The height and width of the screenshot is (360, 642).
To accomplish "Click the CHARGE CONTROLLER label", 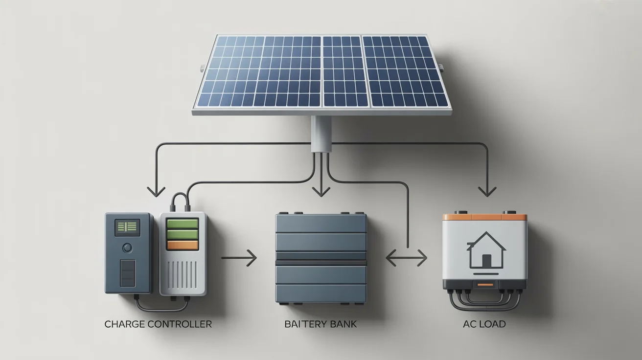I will pyautogui.click(x=158, y=324).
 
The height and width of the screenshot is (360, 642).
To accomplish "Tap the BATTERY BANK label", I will pyautogui.click(x=321, y=324).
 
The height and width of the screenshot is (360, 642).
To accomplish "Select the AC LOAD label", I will pyautogui.click(x=484, y=324).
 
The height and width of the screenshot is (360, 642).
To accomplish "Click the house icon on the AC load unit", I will pyautogui.click(x=484, y=250).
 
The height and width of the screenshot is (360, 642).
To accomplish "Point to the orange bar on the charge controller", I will pyautogui.click(x=183, y=246).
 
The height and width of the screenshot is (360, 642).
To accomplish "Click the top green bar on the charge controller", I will pyautogui.click(x=183, y=224).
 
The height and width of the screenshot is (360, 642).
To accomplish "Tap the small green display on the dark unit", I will pyautogui.click(x=127, y=226).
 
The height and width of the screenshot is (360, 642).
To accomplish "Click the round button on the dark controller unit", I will pyautogui.click(x=128, y=247).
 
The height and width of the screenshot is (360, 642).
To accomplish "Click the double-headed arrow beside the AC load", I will pyautogui.click(x=406, y=258).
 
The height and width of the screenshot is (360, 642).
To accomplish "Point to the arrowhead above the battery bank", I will pyautogui.click(x=321, y=192).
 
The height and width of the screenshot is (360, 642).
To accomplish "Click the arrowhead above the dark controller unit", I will pyautogui.click(x=156, y=191).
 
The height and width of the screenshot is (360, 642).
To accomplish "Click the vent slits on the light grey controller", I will pyautogui.click(x=183, y=275).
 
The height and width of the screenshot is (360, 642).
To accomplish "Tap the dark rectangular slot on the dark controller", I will pyautogui.click(x=128, y=273).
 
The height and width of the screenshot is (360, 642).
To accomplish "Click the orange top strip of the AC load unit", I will pyautogui.click(x=484, y=217).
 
